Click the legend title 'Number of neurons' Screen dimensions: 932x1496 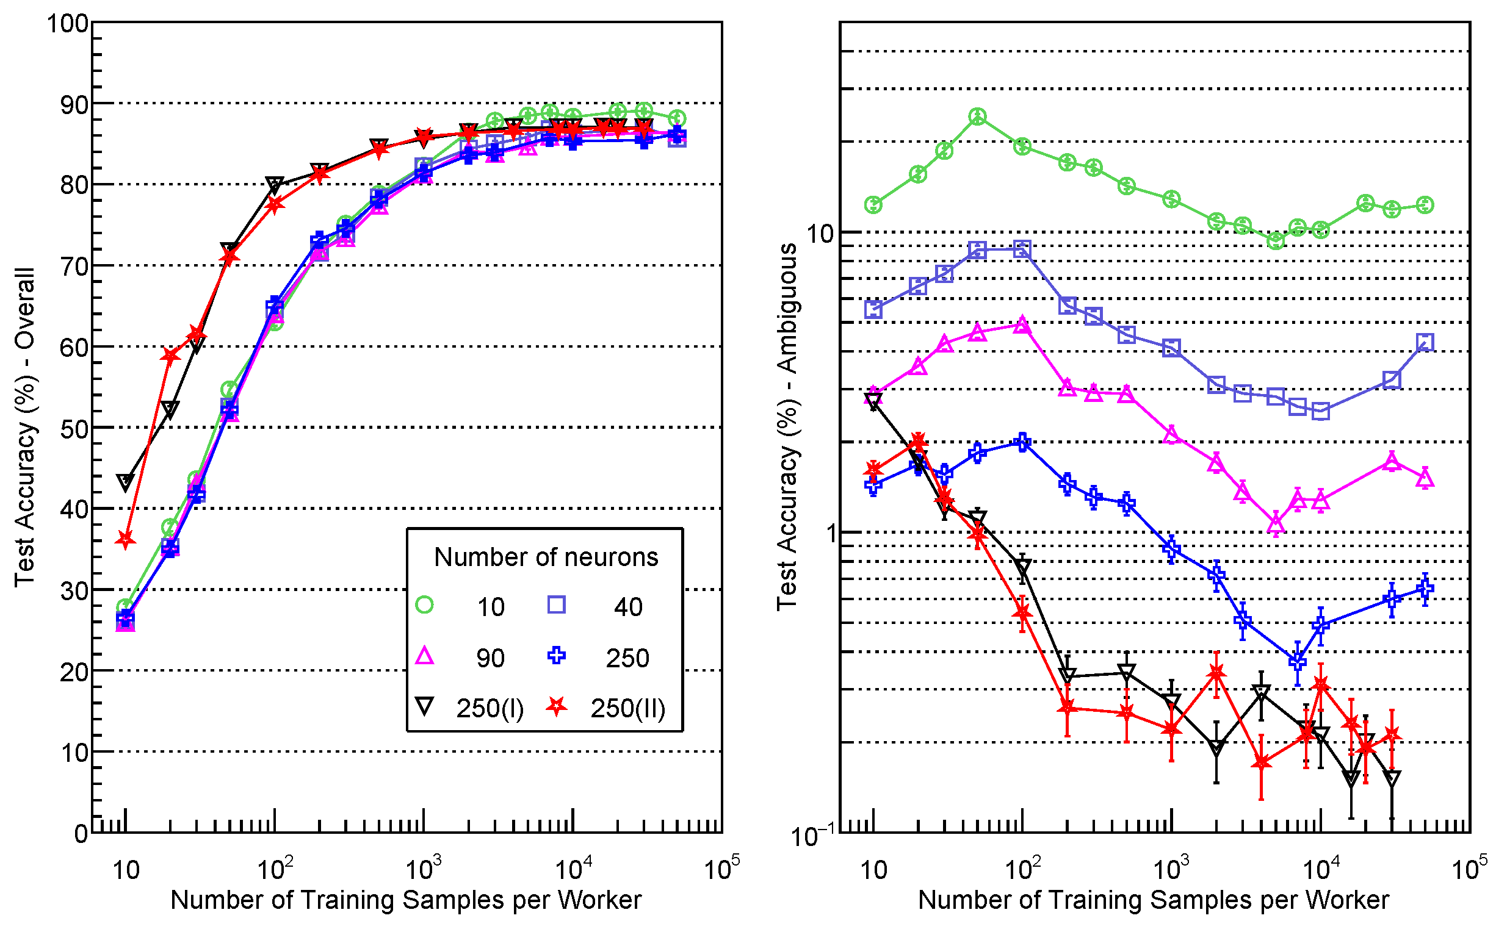546,557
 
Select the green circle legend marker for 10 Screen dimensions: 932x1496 424,604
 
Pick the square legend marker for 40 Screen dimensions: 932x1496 556,604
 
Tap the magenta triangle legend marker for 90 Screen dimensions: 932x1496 424,656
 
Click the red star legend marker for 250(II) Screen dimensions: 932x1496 556,706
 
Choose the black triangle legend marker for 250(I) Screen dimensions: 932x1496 424,706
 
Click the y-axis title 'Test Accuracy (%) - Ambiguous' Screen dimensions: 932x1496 787,427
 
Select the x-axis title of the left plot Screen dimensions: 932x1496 406,900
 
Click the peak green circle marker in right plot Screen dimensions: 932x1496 977,116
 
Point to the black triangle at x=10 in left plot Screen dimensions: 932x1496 126,482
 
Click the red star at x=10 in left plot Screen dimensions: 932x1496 126,540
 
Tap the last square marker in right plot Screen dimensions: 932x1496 1425,342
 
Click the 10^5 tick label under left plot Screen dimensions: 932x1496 721,869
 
